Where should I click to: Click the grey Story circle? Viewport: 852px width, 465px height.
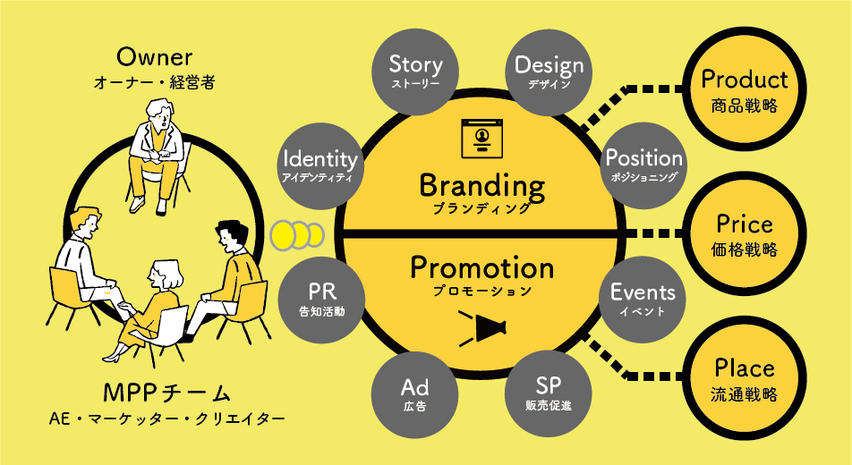pyautogui.click(x=415, y=72)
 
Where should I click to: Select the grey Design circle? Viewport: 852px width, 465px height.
pyautogui.click(x=549, y=72)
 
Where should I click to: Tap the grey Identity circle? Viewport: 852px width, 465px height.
pyautogui.click(x=320, y=165)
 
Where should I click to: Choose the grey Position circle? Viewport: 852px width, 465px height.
pyautogui.click(x=643, y=165)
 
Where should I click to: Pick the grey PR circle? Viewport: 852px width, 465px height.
pyautogui.click(x=321, y=300)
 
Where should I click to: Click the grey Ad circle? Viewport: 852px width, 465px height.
pyautogui.click(x=414, y=393)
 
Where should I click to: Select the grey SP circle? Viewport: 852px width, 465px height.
pyautogui.click(x=549, y=393)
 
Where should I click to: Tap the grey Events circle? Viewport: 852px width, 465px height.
pyautogui.click(x=643, y=300)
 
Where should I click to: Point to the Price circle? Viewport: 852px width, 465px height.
pyautogui.click(x=745, y=233)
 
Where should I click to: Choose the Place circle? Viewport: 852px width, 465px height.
pyautogui.click(x=745, y=378)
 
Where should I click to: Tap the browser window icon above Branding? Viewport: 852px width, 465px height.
pyautogui.click(x=482, y=139)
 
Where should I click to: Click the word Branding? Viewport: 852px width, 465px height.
pyautogui.click(x=482, y=186)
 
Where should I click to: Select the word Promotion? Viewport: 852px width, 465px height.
pyautogui.click(x=482, y=267)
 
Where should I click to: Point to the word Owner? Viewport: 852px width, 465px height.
pyautogui.click(x=154, y=57)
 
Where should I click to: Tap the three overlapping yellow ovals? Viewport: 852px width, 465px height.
pyautogui.click(x=297, y=235)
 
